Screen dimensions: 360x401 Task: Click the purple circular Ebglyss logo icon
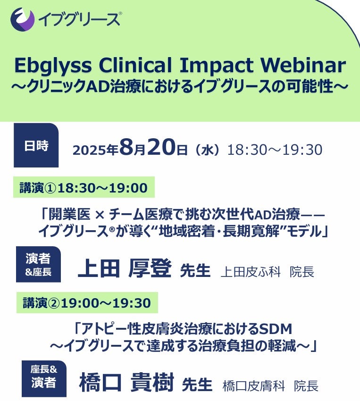[x=23, y=19]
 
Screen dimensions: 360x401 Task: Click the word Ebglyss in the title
[x=53, y=66]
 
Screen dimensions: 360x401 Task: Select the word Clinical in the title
[x=135, y=65]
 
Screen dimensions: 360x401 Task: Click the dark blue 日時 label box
[x=36, y=145]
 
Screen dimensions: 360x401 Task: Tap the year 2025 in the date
[x=90, y=150]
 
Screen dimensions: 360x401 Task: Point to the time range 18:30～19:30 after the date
[x=275, y=150]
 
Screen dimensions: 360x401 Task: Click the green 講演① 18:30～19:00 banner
[x=84, y=187]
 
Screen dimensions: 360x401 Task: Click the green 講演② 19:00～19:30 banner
[x=87, y=302]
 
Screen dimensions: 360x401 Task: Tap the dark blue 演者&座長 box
[x=38, y=265]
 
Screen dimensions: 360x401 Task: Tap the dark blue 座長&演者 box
[x=44, y=379]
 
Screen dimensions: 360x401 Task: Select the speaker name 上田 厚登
[x=124, y=268]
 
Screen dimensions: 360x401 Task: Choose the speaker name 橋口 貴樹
[x=126, y=383]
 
